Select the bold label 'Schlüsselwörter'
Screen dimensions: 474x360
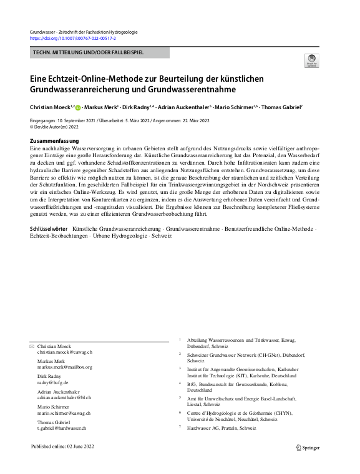[49, 230]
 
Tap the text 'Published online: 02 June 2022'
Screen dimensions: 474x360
[65, 447]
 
